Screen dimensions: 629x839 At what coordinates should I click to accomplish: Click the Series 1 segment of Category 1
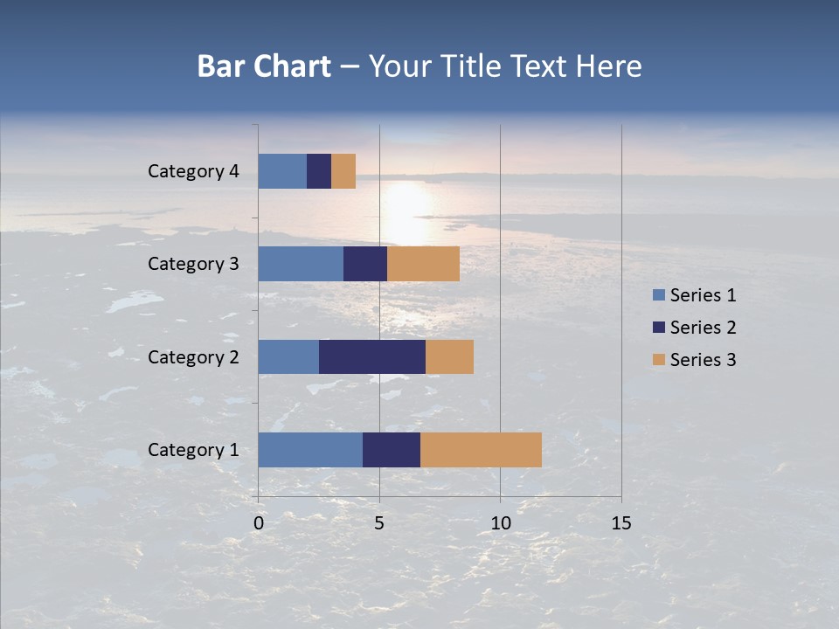point(310,450)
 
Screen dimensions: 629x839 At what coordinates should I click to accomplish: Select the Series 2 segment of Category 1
point(392,450)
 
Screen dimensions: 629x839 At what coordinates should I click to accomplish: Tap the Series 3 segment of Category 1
point(481,450)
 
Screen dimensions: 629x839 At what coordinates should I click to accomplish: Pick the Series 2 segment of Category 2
point(372,356)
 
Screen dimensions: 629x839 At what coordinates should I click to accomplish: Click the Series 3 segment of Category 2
point(449,356)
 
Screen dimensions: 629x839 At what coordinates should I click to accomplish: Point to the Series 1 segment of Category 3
point(301,264)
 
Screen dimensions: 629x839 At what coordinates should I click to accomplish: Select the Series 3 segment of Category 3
point(423,264)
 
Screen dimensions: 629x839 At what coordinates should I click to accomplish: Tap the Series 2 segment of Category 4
point(319,171)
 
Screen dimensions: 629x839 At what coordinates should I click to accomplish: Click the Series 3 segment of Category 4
point(343,171)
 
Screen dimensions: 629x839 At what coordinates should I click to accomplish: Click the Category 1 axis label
point(193,450)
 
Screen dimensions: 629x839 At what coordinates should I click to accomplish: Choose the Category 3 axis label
point(193,264)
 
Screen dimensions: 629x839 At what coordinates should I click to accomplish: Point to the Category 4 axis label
point(193,171)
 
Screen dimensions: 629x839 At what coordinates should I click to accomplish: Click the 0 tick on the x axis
point(259,523)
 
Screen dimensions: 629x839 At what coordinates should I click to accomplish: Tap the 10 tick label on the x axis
point(500,523)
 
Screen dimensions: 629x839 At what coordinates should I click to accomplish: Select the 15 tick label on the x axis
point(621,523)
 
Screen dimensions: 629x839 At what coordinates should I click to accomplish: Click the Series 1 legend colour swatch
point(658,295)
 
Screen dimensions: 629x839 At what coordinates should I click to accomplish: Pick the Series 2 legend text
point(703,328)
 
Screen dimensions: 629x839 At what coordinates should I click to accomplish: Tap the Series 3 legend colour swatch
point(658,360)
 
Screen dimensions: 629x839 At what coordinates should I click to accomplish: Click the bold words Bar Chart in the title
point(264,66)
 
